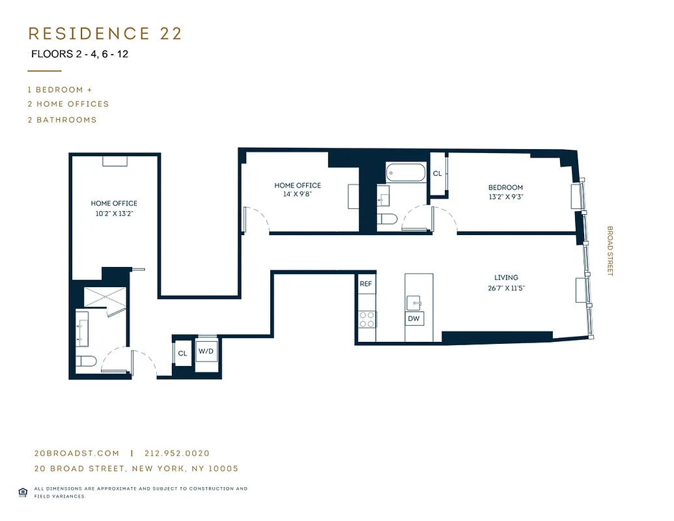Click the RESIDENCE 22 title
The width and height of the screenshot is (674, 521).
pyautogui.click(x=105, y=34)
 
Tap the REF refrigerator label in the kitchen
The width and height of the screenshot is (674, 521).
pyautogui.click(x=365, y=285)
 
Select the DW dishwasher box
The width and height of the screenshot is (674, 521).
pyautogui.click(x=414, y=318)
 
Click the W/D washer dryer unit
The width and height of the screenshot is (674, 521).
pyautogui.click(x=206, y=352)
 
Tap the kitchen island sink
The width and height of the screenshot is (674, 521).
pyautogui.click(x=414, y=303)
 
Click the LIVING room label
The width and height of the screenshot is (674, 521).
pyautogui.click(x=506, y=277)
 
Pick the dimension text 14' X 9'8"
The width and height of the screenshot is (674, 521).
pyautogui.click(x=298, y=194)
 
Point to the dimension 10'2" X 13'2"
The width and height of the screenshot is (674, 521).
pyautogui.click(x=114, y=213)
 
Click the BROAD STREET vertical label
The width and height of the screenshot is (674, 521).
pyautogui.click(x=610, y=251)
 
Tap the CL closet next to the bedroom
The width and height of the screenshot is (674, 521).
pyautogui.click(x=437, y=174)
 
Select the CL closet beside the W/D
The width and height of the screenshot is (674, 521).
pyautogui.click(x=182, y=354)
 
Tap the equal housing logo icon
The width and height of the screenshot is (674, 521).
pyautogui.click(x=23, y=492)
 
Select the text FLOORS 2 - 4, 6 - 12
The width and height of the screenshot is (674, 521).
pyautogui.click(x=79, y=54)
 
